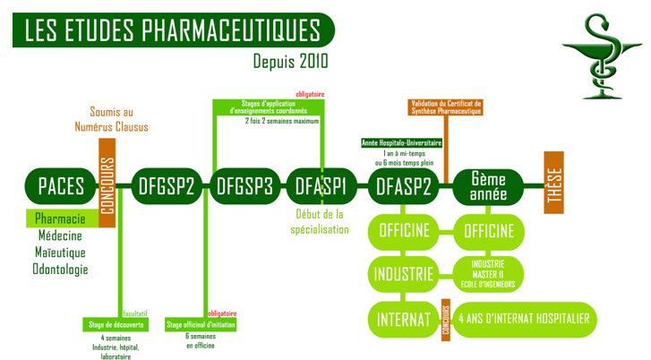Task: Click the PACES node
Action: (x=60, y=187)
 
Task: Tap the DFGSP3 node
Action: (x=245, y=187)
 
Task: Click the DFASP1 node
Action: (x=321, y=187)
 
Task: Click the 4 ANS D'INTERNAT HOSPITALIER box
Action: (x=526, y=319)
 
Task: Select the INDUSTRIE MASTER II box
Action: (x=489, y=272)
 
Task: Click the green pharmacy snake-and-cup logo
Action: (x=599, y=56)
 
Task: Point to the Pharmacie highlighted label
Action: (x=60, y=219)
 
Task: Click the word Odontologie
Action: (x=60, y=268)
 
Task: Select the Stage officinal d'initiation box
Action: (x=201, y=323)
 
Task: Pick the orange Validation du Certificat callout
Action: (x=445, y=107)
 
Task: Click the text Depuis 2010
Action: (x=290, y=62)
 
